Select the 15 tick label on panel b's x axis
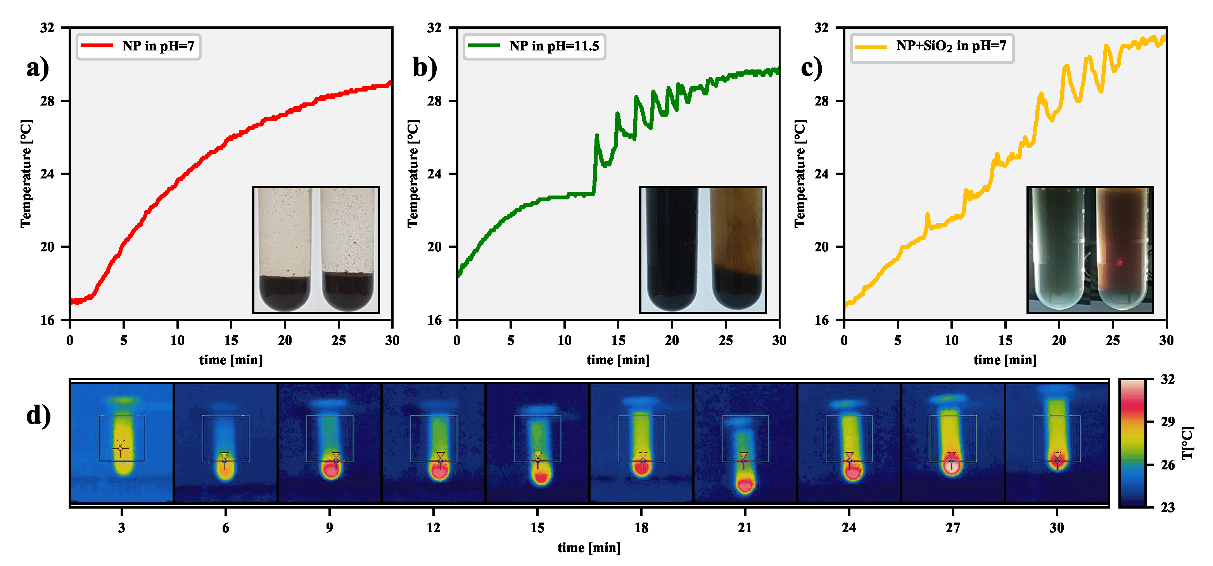click(x=618, y=340)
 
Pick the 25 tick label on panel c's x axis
click(x=1112, y=340)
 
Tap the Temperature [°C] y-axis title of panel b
click(x=413, y=174)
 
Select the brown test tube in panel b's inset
click(x=737, y=249)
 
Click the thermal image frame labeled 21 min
click(x=745, y=443)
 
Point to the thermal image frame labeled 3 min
click(x=121, y=443)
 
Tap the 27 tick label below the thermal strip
click(x=952, y=527)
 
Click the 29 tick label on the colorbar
click(x=1167, y=421)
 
